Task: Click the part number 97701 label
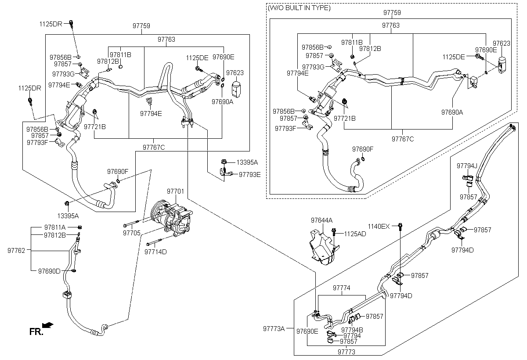click(x=175, y=191)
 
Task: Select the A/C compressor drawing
click(x=171, y=218)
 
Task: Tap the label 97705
click(x=131, y=233)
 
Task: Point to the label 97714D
click(x=155, y=252)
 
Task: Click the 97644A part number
click(x=321, y=220)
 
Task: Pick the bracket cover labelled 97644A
click(x=324, y=248)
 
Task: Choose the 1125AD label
click(x=355, y=234)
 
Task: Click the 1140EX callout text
click(x=379, y=227)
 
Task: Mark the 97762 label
click(x=16, y=251)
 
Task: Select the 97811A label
click(x=55, y=227)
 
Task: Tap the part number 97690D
click(x=49, y=271)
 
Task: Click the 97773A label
click(x=274, y=328)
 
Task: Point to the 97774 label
click(x=341, y=288)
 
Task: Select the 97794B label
click(x=352, y=330)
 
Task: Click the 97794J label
click(x=467, y=166)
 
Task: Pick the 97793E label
click(x=250, y=175)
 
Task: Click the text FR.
click(x=36, y=331)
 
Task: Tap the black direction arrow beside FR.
click(x=48, y=325)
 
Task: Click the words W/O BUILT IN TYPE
click(x=299, y=8)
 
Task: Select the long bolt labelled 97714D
click(x=154, y=242)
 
